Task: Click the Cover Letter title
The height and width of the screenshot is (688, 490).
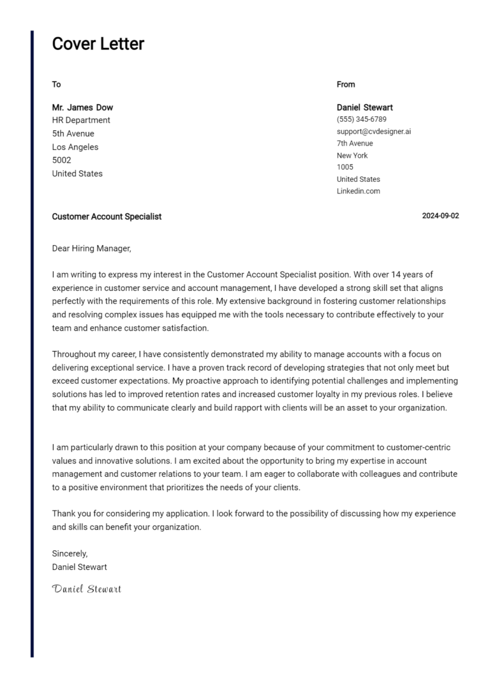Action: point(98,44)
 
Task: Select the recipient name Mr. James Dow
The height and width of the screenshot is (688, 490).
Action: point(82,107)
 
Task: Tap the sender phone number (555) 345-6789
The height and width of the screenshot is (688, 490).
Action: point(361,119)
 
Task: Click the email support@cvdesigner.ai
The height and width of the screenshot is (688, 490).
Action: point(374,131)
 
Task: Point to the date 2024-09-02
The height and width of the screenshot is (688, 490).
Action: point(440,216)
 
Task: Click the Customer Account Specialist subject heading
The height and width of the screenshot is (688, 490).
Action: point(107,216)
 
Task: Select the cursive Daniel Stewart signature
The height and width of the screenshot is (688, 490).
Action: point(86,588)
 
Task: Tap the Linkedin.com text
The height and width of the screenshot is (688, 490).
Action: point(358,191)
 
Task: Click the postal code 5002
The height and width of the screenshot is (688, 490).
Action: point(61,160)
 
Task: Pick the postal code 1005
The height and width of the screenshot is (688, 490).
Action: point(345,167)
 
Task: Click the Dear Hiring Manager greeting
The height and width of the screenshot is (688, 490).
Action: point(91,248)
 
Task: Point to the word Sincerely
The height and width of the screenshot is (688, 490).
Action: point(70,553)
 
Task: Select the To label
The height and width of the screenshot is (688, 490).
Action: point(56,84)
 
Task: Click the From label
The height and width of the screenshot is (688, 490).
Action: point(346,84)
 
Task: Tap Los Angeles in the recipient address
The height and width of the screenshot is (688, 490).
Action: point(75,147)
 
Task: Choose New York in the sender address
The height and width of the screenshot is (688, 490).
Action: point(352,155)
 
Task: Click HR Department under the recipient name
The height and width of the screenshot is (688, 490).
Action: point(81,120)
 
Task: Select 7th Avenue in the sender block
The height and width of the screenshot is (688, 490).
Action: point(355,144)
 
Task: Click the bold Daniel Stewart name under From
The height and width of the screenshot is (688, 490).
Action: point(364,107)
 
